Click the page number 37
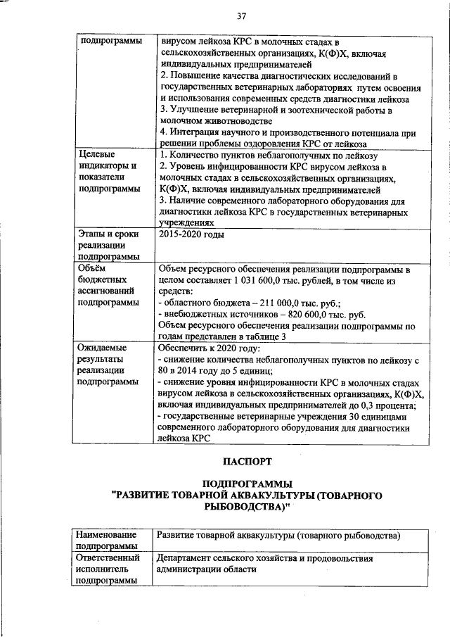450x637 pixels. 241,15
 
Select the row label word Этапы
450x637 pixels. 91,234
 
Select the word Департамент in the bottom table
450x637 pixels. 186,558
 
